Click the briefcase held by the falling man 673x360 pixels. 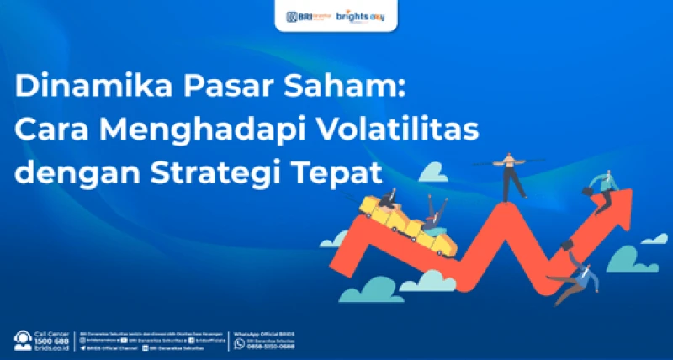(569, 243)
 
